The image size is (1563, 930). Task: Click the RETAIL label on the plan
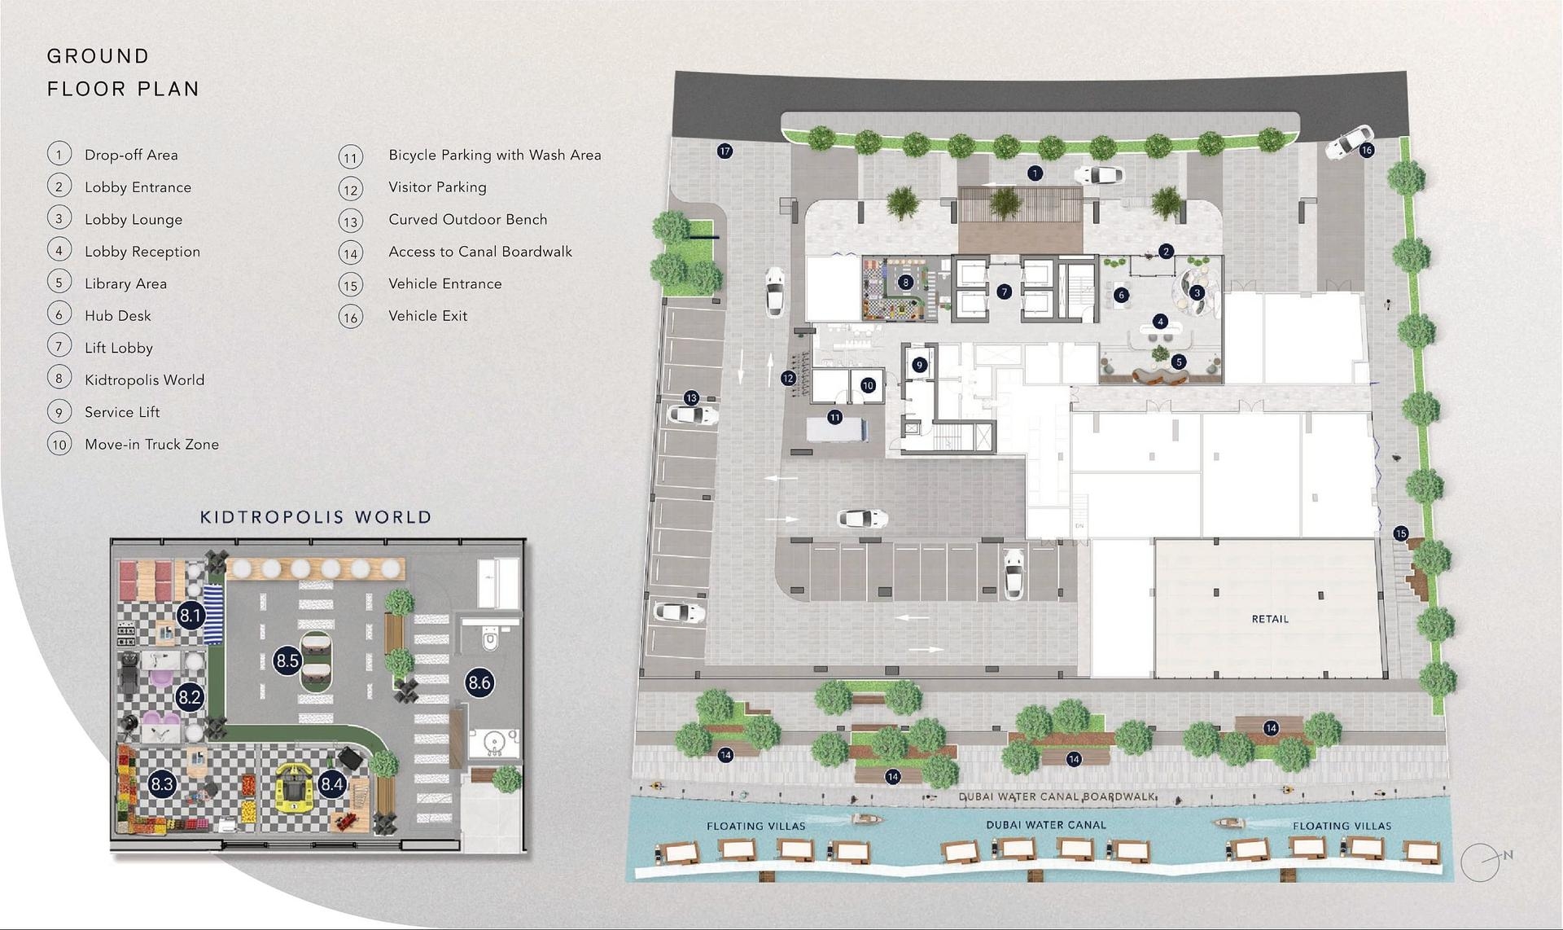point(1269,619)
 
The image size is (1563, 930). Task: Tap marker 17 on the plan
point(725,151)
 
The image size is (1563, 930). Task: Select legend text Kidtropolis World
point(144,379)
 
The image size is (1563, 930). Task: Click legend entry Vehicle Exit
point(427,316)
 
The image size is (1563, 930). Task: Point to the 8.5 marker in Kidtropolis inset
point(287,660)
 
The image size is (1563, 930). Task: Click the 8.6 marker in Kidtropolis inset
point(479,682)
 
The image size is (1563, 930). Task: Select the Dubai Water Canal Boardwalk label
point(1057,796)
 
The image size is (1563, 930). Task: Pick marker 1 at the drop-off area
point(1035,173)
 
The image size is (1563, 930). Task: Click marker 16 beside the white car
point(1366,150)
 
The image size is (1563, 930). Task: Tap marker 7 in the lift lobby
point(1004,292)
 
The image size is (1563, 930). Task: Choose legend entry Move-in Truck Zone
point(151,445)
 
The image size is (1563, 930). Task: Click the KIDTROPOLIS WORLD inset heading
point(316,517)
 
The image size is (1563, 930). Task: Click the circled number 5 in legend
point(59,283)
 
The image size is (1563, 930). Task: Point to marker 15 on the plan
point(1400,533)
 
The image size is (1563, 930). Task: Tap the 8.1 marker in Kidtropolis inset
point(190,616)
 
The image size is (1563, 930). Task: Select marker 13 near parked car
point(691,398)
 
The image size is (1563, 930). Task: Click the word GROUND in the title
point(99,56)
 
